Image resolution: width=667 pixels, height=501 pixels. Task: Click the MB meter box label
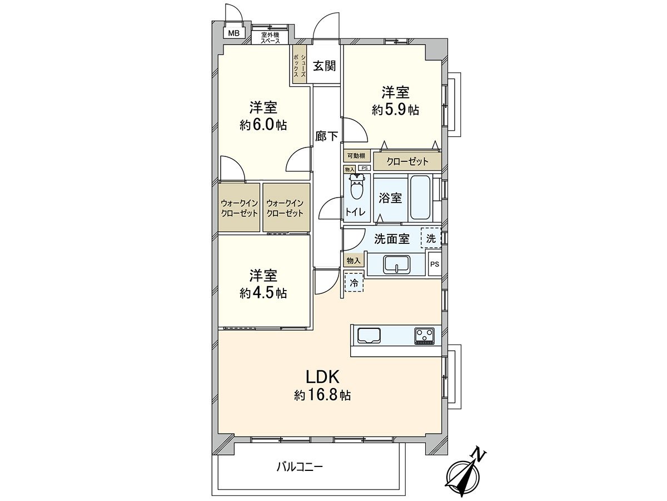pyautogui.click(x=235, y=33)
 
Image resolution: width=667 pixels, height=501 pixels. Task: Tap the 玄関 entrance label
pyautogui.click(x=323, y=66)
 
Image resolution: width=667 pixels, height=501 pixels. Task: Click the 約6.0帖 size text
pyautogui.click(x=263, y=125)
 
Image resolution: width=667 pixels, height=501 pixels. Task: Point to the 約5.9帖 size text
pyautogui.click(x=395, y=110)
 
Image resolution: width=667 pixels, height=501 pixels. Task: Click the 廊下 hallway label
pyautogui.click(x=326, y=135)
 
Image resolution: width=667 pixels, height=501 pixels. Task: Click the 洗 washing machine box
pyautogui.click(x=431, y=239)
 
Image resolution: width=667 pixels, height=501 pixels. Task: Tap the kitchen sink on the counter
pyautogui.click(x=369, y=336)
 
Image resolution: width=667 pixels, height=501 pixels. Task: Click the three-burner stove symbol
pyautogui.click(x=425, y=336)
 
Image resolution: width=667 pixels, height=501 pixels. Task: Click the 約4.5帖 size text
pyautogui.click(x=263, y=293)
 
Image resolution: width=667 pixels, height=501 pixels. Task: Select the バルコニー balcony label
pyautogui.click(x=300, y=466)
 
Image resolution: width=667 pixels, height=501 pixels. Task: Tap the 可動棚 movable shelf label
pyautogui.click(x=356, y=156)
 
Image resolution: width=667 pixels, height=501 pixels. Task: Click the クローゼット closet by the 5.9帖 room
pyautogui.click(x=407, y=162)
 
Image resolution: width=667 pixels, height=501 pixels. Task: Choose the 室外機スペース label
pyautogui.click(x=270, y=37)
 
